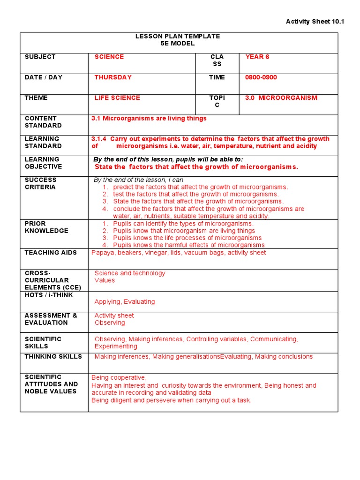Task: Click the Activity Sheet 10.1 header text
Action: (315, 22)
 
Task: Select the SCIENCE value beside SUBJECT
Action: (109, 57)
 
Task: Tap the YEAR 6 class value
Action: (257, 57)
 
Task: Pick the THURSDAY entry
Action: (113, 77)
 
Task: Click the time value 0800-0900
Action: (261, 77)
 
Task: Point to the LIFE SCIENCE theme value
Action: (117, 98)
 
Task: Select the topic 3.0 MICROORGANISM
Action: (281, 98)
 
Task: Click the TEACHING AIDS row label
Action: (47, 253)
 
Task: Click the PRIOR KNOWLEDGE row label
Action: (46, 227)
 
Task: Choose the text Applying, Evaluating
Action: (125, 302)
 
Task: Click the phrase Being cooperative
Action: (119, 377)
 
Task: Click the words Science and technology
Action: (130, 273)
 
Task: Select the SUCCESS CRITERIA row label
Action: (40, 183)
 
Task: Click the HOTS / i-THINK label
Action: (49, 295)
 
